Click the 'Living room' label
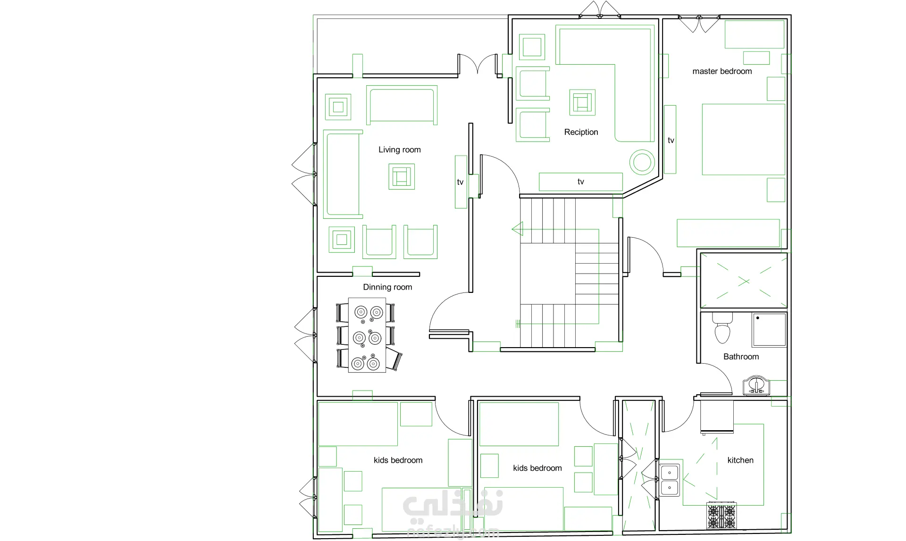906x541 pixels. point(400,150)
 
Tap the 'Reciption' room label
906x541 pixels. point(581,132)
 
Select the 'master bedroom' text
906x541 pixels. point(722,71)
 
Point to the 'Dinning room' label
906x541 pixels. point(387,287)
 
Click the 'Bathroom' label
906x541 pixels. point(741,357)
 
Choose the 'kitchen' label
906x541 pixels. point(740,460)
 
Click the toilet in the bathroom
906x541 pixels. point(722,327)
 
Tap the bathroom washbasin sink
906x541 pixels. point(756,385)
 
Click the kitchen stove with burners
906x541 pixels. point(721,516)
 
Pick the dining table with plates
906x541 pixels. point(367,335)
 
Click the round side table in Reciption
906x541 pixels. point(642,162)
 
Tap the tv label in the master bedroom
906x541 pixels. point(671,141)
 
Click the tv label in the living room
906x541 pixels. point(460,182)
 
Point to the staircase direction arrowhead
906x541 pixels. point(518,229)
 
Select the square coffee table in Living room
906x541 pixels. point(402,177)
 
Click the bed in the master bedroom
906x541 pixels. point(743,139)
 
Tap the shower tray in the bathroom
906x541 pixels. point(769,330)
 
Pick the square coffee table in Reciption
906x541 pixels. point(582,102)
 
